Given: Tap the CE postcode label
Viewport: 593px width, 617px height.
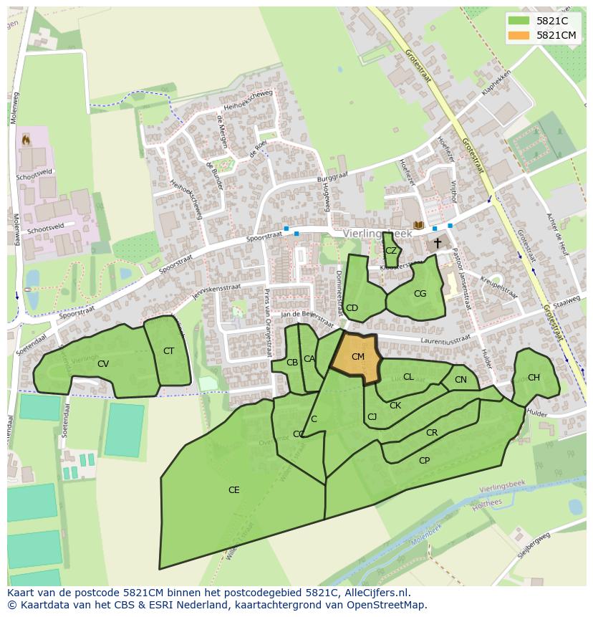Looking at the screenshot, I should [233, 490].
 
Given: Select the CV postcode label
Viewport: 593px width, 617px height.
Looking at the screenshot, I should [103, 364].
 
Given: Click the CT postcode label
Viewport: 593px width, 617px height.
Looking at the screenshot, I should [168, 351].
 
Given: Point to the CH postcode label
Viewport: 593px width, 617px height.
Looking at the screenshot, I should [534, 378].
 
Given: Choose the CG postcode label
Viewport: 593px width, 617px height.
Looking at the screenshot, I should [420, 294].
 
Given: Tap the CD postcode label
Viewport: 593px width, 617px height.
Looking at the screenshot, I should [352, 308].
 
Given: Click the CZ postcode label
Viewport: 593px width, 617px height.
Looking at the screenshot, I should [391, 251].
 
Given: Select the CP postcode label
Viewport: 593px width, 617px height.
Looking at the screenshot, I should [424, 461].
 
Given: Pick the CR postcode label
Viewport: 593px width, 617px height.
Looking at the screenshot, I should [431, 433].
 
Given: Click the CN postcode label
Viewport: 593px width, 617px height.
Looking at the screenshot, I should [461, 380].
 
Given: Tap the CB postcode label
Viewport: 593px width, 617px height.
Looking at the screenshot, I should [292, 363].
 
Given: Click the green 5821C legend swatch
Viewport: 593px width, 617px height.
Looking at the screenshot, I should [519, 21].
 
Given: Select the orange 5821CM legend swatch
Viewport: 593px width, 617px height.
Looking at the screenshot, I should [519, 35].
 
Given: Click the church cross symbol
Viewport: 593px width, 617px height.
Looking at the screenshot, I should [437, 244].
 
